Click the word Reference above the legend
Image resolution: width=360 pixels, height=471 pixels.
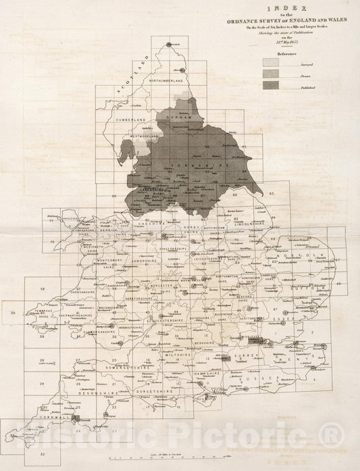(x=279, y=52)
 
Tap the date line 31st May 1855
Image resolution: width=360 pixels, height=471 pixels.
(x=278, y=43)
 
